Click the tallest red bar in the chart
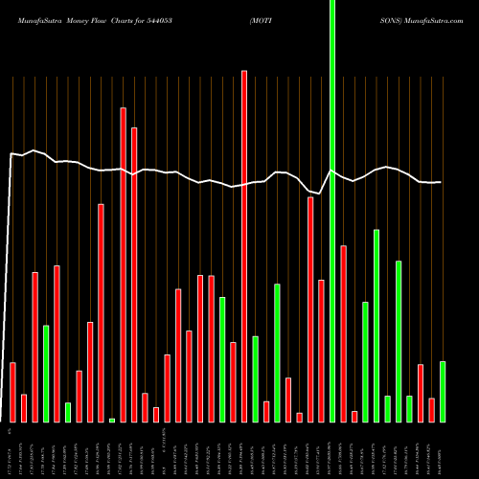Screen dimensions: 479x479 tap(244, 245)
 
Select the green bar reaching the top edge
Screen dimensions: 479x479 tap(332, 211)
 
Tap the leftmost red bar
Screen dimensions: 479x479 tap(12, 392)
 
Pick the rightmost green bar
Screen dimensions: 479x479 tap(443, 391)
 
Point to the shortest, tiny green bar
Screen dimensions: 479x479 tap(112, 420)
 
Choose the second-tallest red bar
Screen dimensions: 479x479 tap(123, 264)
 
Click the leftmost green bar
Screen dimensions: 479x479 tap(46, 374)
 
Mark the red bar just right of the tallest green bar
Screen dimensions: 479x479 tap(343, 333)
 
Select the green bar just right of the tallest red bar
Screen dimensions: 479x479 tap(255, 378)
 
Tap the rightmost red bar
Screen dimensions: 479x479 tap(431, 409)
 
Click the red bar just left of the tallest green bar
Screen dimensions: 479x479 tap(321, 351)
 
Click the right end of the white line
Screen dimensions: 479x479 tap(441, 182)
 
